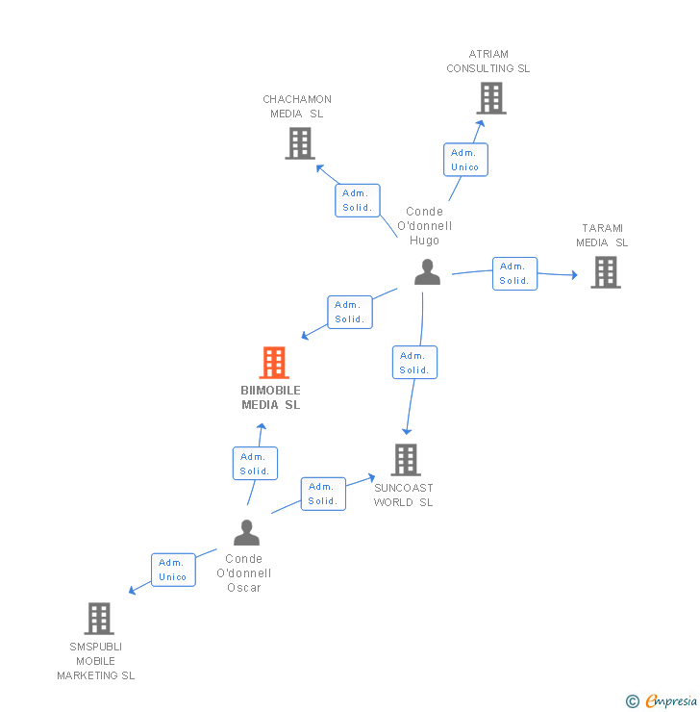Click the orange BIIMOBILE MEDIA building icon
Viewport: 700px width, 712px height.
(274, 363)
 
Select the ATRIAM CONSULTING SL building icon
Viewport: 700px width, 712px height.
(490, 98)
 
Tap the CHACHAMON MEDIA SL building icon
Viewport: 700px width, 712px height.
(300, 143)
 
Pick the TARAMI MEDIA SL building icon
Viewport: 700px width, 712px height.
(605, 272)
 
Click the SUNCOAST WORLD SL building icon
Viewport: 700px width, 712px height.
(406, 460)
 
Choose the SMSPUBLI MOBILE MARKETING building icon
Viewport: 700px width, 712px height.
(99, 619)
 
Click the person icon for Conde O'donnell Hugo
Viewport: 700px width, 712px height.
(427, 272)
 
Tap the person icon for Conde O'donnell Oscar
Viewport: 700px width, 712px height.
(246, 532)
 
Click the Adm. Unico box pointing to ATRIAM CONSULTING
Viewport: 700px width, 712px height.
(464, 160)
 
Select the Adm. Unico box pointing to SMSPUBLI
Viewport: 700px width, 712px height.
(173, 570)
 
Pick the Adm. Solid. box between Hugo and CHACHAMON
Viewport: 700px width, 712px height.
(358, 200)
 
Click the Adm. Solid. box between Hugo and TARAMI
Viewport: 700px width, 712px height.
(514, 273)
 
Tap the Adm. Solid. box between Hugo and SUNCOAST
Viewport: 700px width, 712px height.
(414, 363)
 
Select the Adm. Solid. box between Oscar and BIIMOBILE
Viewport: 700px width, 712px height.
(255, 464)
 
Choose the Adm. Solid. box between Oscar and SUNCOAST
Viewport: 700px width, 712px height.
(323, 494)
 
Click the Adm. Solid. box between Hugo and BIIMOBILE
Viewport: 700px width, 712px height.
(349, 312)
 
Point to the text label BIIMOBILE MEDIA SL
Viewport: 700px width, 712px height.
(271, 397)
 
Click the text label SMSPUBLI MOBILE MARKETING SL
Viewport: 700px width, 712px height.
(96, 661)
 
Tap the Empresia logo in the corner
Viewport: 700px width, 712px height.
(662, 701)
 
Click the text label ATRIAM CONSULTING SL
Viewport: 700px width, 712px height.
(488, 62)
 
